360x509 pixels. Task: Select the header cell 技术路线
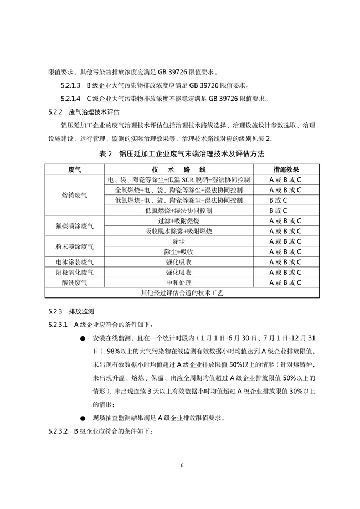click(178, 169)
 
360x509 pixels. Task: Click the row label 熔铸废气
click(75, 195)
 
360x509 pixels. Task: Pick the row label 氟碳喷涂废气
click(75, 225)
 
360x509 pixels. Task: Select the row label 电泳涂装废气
click(75, 262)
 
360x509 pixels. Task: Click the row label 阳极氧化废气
click(75, 273)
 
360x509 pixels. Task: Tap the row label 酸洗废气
click(75, 282)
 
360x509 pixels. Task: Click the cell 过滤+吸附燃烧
click(178, 220)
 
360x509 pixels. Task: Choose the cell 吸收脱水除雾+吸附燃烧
click(178, 231)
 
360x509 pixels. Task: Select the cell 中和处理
click(178, 282)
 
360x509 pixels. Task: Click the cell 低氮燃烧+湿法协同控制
click(178, 210)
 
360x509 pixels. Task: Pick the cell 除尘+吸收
click(178, 251)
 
